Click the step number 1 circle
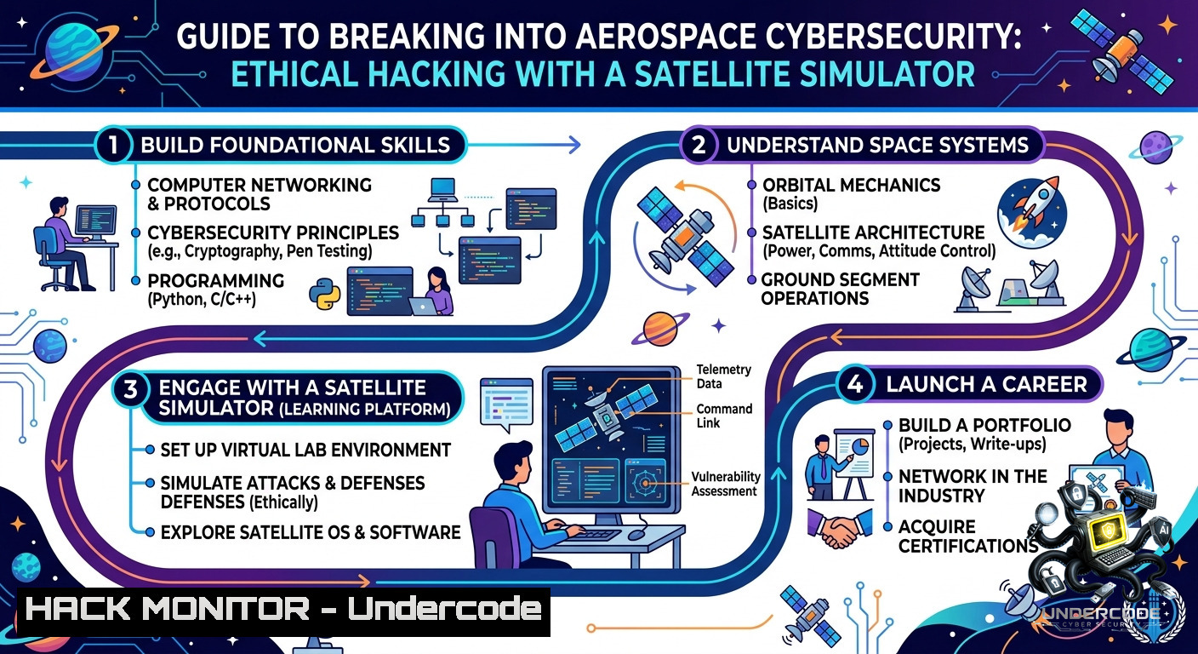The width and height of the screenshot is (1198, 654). click(x=113, y=145)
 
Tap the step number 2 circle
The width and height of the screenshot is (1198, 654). click(x=699, y=145)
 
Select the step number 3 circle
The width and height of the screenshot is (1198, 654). click(x=130, y=389)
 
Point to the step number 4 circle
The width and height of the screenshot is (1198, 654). click(x=854, y=384)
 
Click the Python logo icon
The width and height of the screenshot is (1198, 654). click(x=325, y=294)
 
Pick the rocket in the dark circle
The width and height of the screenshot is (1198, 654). click(x=1032, y=214)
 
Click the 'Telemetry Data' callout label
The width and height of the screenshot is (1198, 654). click(x=723, y=376)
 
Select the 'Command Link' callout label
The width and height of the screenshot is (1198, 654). click(x=724, y=416)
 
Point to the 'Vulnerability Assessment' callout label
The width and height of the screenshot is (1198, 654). click(x=725, y=484)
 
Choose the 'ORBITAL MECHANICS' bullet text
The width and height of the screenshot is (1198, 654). click(x=851, y=185)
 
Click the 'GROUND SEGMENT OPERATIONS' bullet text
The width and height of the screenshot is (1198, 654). click(x=840, y=289)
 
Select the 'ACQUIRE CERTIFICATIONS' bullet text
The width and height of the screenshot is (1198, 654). click(x=968, y=536)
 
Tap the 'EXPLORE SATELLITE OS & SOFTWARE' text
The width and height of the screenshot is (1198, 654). click(x=311, y=532)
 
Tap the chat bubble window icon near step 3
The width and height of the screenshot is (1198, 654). click(x=506, y=404)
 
